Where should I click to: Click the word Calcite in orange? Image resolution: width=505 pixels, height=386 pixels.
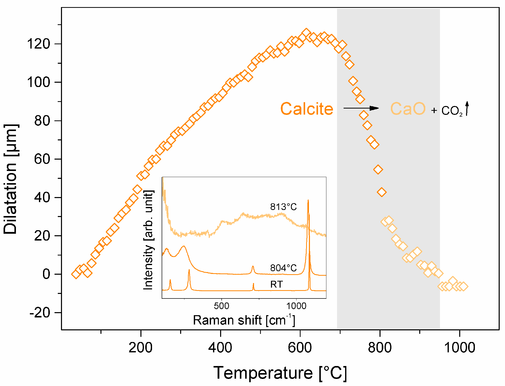click(307, 109)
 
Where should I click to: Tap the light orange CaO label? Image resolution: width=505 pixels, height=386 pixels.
click(408, 109)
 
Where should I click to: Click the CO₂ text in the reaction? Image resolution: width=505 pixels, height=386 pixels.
click(452, 111)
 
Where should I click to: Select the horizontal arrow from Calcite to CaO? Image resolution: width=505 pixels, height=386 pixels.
click(361, 108)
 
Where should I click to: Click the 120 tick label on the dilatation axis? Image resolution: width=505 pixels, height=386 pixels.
click(38, 44)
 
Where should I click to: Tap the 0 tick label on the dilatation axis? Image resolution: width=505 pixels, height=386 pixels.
click(46, 274)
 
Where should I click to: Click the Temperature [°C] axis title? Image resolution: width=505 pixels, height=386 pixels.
click(280, 373)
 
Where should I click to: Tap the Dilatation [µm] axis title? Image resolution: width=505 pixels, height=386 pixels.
click(11, 179)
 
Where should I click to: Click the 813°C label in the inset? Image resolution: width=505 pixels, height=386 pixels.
click(283, 207)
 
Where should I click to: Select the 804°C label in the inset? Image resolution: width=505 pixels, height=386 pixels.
click(283, 268)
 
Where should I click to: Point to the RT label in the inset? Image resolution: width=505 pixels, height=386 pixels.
click(276, 285)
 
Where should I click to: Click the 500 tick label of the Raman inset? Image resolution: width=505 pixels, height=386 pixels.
click(221, 306)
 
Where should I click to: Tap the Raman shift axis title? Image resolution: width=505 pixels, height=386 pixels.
click(244, 320)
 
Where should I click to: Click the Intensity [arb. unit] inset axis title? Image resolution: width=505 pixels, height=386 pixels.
click(148, 240)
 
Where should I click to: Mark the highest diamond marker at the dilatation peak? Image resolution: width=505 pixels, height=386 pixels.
click(306, 33)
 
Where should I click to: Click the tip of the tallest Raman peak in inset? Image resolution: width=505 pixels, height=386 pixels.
click(308, 200)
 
